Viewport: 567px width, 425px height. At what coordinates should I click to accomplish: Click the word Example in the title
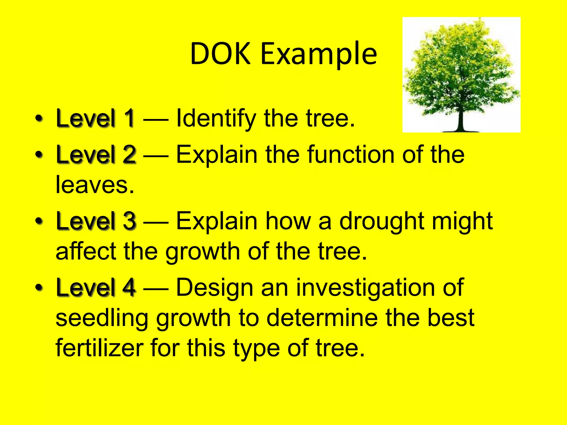tap(318, 54)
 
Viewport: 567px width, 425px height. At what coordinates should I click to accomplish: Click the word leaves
tap(95, 185)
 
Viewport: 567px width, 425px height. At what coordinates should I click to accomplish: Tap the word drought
tap(382, 221)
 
